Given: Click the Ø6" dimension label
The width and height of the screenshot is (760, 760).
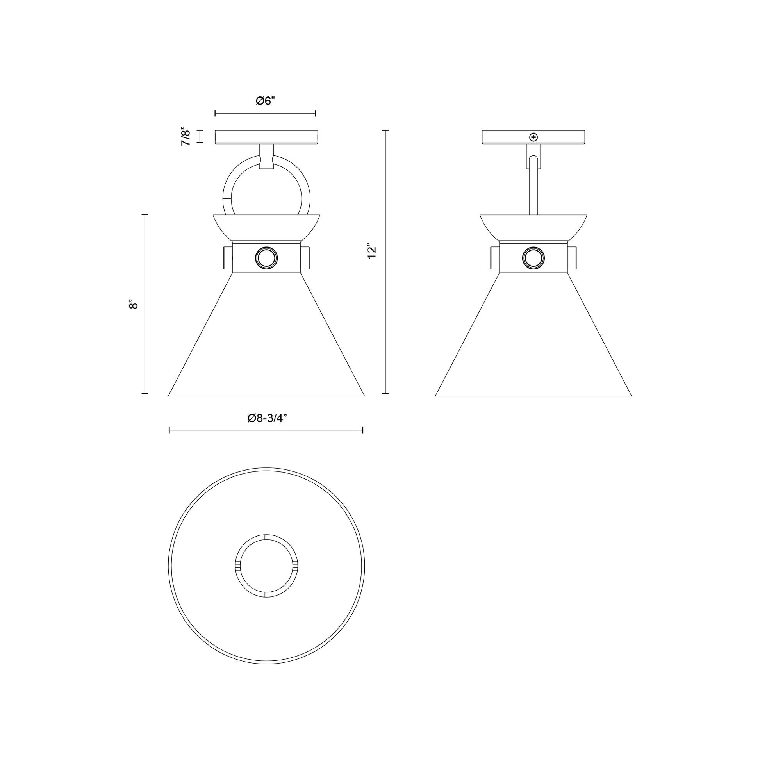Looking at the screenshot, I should pos(265,101).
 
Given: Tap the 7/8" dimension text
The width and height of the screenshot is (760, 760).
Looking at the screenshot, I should pos(186,137).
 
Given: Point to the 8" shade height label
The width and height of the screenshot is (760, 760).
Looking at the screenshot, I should pos(133,304).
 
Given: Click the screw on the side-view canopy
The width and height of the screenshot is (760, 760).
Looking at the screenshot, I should pos(533,137).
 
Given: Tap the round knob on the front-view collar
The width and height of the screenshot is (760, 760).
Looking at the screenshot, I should pos(266,258).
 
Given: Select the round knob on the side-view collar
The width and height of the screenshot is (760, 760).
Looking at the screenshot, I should pos(533,258).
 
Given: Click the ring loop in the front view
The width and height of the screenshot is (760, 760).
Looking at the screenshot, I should pos(227,189).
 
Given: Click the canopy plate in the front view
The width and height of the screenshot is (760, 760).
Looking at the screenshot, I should pos(266,137).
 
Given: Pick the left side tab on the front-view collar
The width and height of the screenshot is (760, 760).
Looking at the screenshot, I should pos(228,258).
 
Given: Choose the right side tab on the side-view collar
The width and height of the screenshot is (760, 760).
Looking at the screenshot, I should pos(572,258).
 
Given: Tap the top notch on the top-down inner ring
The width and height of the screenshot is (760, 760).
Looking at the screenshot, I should pos(266,537).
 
